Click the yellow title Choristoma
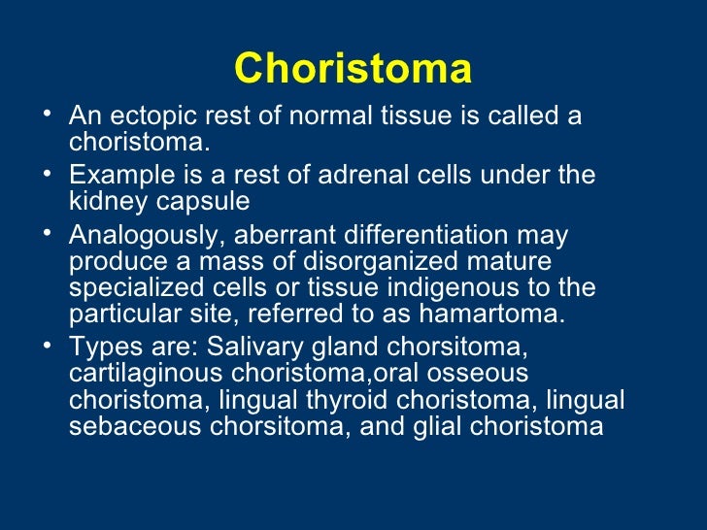pyautogui.click(x=353, y=69)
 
